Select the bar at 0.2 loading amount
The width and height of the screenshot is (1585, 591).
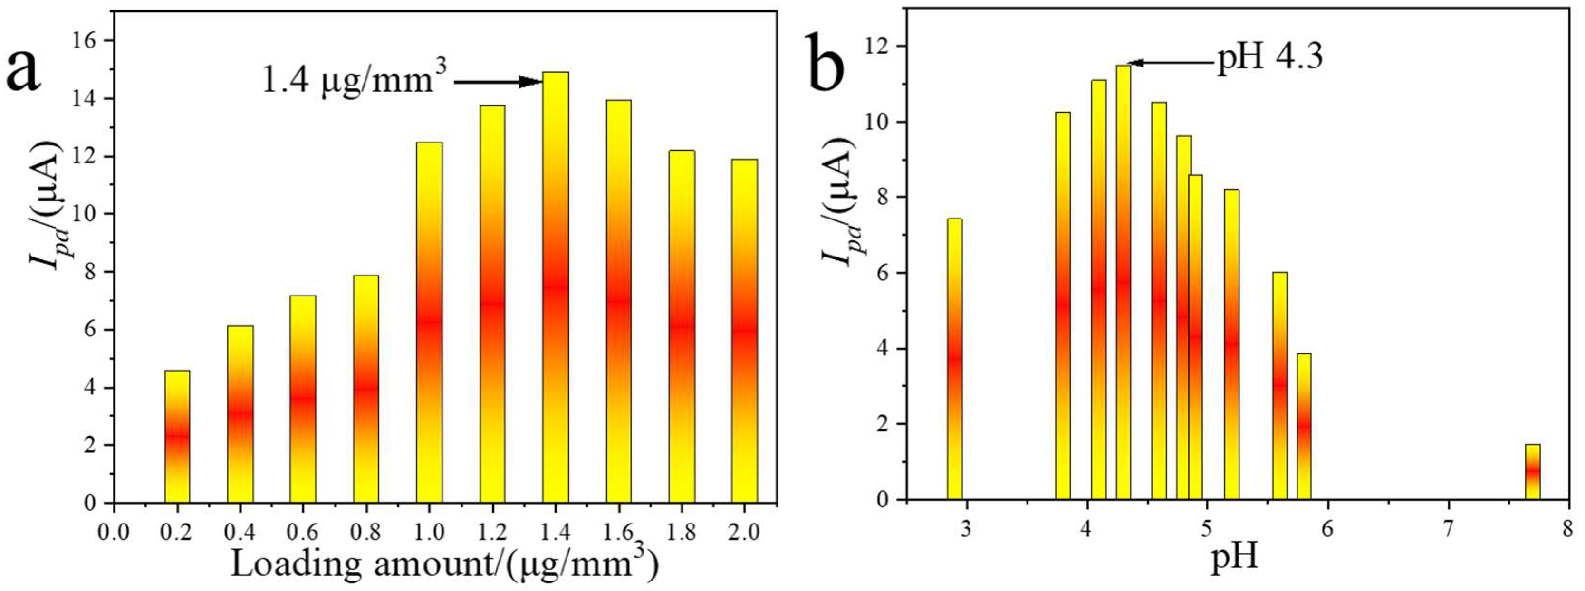(177, 436)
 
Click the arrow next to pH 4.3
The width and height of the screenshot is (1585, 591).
(1172, 62)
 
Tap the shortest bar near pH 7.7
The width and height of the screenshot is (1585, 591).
(1532, 472)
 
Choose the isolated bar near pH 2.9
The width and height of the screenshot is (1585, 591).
(954, 359)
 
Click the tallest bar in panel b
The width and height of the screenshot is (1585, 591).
(1123, 282)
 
